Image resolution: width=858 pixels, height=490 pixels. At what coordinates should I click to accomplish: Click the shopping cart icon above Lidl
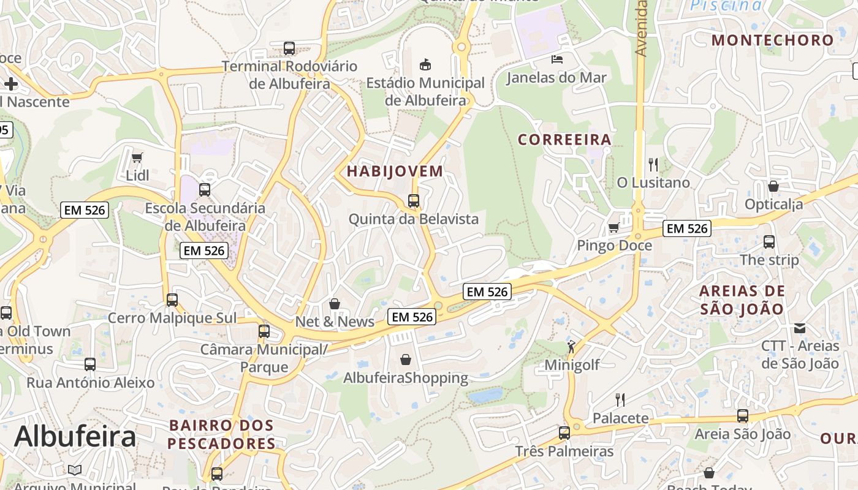coord(137,157)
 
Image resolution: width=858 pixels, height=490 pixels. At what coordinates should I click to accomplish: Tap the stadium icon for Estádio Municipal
coord(425,64)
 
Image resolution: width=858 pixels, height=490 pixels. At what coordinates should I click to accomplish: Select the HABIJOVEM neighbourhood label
coord(395,171)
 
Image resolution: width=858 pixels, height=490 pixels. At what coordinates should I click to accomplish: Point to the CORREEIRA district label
coord(564,140)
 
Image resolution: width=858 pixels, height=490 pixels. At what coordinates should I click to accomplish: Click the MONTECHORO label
coord(772,40)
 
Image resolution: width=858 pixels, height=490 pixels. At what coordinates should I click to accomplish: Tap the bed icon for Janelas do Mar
coord(557,59)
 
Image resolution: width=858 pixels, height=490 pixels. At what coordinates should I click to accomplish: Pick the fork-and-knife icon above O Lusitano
coord(653,164)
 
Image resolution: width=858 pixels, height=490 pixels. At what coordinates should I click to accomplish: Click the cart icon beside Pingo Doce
coord(613,228)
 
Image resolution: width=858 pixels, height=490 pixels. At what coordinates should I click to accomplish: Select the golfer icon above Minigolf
coord(571,347)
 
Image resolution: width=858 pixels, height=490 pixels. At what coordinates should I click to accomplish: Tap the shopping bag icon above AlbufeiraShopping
coord(406,360)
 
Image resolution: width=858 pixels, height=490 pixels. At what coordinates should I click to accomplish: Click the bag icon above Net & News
coord(335,303)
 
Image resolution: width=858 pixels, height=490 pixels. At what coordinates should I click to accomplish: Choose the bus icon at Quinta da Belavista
coord(414,200)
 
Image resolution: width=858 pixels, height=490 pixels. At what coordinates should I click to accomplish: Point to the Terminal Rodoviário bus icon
coord(289,48)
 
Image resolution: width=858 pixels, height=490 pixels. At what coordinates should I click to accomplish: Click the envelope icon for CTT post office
coord(800,328)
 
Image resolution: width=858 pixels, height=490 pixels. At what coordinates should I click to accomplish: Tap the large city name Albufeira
coord(75,437)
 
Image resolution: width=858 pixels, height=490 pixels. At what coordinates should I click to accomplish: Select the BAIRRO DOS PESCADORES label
coord(221,434)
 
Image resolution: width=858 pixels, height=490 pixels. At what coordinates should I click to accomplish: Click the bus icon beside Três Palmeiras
coord(564,433)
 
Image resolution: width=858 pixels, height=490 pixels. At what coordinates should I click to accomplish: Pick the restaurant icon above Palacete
coord(620,400)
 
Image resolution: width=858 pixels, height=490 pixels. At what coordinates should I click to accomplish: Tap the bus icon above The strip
coord(769,241)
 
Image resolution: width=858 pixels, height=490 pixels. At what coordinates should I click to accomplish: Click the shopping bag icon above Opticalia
coord(773,186)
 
